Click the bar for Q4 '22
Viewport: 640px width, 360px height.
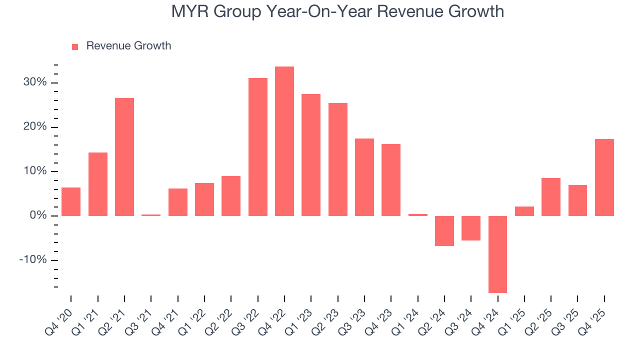[x=284, y=141]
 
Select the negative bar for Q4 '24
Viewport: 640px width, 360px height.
[x=497, y=254]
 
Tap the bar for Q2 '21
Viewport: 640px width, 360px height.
[x=124, y=157]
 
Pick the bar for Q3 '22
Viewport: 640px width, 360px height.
[x=258, y=147]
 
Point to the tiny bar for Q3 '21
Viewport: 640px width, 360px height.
[x=151, y=215]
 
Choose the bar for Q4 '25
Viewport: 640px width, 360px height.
[x=604, y=177]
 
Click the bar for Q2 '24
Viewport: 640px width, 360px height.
[x=444, y=230]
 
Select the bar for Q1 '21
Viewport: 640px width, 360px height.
[x=98, y=184]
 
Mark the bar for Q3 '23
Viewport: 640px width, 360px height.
[x=364, y=177]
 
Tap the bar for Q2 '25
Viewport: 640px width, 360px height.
[x=551, y=197]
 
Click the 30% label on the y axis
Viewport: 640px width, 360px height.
[x=35, y=82]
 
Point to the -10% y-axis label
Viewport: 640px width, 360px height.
[x=33, y=260]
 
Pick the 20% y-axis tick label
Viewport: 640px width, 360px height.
[x=35, y=127]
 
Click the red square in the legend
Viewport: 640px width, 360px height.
[x=75, y=46]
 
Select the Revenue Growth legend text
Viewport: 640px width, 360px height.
[x=128, y=46]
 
